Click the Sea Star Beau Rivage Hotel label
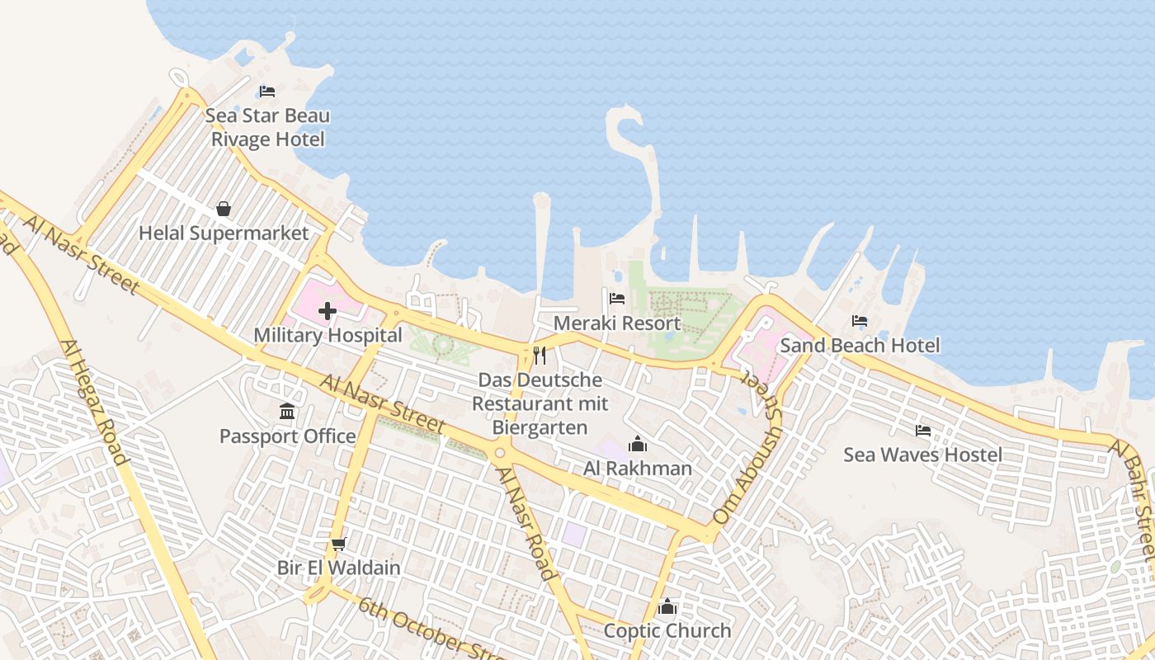[267, 127]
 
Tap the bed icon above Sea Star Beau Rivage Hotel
[266, 91]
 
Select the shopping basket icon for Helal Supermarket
[223, 209]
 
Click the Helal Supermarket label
[224, 233]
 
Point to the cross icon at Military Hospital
[328, 311]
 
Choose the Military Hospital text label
[328, 336]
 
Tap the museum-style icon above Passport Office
[287, 411]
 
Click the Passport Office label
[287, 436]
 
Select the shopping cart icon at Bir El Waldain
[338, 544]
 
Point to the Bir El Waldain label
[338, 568]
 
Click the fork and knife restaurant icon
[540, 356]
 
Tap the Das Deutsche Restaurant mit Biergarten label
[540, 403]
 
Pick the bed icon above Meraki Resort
[617, 299]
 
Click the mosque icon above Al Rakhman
[637, 445]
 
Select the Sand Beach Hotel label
[860, 345]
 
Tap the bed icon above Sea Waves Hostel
[922, 430]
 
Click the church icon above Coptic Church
[667, 608]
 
